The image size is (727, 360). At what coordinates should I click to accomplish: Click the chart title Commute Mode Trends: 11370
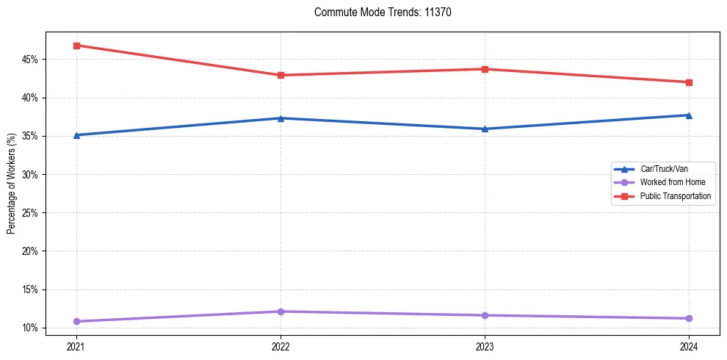377,12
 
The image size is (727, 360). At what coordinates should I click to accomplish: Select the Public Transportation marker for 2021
76,46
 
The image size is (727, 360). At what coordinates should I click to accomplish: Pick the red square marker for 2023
485,69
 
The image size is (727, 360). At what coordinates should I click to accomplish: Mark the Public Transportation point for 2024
689,82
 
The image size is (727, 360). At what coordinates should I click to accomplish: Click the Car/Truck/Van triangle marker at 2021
76,135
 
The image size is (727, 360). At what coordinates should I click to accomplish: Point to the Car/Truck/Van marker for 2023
485,129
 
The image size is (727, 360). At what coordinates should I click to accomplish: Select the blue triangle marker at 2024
689,115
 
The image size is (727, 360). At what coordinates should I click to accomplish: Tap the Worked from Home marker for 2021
76,321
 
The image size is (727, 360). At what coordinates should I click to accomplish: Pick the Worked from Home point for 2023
485,315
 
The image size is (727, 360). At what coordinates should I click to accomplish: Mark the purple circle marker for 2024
689,318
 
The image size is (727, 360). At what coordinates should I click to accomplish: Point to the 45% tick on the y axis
32,60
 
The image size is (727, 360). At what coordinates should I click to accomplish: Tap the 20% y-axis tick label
32,251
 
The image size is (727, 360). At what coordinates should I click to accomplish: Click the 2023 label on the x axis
485,346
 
